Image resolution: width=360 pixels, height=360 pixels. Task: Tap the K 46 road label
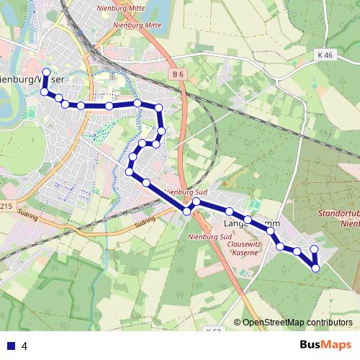(x=325, y=55)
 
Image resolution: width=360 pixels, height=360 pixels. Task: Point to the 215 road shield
(x=6, y=207)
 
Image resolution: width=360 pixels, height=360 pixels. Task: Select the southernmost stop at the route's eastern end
(x=315, y=269)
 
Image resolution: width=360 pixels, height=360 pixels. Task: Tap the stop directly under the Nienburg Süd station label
(x=186, y=211)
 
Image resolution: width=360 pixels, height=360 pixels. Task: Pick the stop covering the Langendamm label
(x=248, y=220)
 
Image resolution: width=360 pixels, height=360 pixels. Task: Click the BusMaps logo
(x=325, y=345)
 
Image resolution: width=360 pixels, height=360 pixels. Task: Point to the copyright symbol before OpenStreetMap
(x=238, y=323)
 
